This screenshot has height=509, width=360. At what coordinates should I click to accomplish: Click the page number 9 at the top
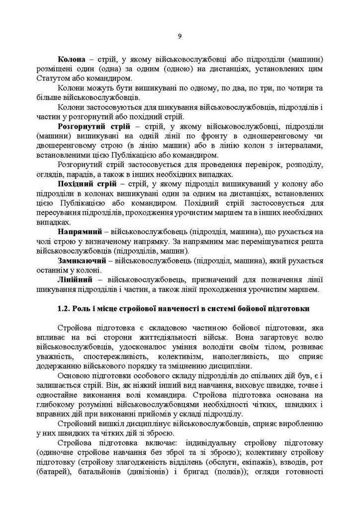180,36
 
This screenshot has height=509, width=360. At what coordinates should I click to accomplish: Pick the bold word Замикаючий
81,261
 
